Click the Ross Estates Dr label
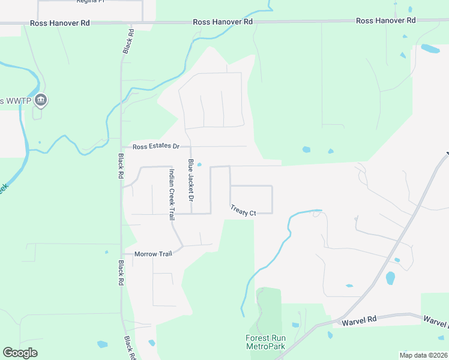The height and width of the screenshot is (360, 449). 156,146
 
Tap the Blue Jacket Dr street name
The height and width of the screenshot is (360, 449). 191,180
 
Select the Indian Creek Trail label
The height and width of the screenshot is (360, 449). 172,194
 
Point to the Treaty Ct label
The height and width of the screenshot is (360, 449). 243,211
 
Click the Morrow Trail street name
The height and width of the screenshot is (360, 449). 153,254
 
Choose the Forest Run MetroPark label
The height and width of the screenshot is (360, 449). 265,343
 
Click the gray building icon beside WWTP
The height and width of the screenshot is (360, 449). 41,100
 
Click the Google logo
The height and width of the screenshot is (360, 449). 20,353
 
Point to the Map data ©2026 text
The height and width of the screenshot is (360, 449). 423,355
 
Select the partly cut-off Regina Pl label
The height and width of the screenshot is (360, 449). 90,2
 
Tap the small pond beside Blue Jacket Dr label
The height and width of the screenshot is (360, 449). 199,165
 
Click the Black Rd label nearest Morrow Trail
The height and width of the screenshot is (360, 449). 121,273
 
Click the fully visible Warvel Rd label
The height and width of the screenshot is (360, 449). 359,321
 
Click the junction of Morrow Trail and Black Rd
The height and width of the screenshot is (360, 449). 122,254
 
